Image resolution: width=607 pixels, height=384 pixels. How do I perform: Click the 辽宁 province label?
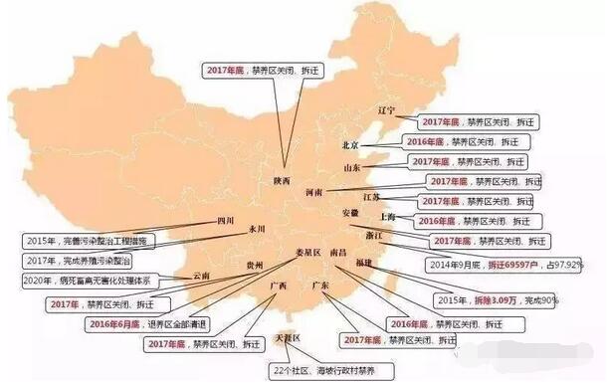pos(386,109)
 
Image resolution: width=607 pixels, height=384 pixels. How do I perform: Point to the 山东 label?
pos(352,169)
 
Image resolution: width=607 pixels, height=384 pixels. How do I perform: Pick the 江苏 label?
pos(370,198)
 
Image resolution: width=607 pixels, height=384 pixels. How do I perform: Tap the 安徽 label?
pos(349,214)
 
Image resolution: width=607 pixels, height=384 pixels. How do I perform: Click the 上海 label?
pos(387,216)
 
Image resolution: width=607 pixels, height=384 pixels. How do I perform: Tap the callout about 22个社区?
pos(314,369)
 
